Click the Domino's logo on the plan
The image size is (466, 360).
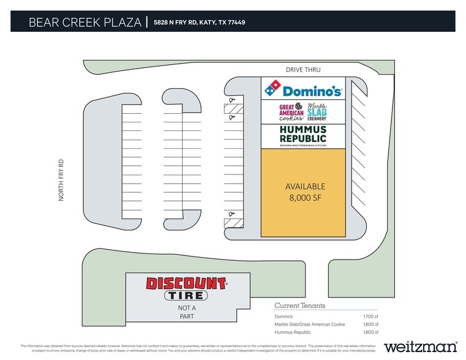tap(303, 90)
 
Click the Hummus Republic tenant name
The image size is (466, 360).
tap(303, 133)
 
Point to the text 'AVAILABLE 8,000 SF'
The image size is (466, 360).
tap(305, 192)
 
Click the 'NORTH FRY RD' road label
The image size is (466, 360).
tap(61, 182)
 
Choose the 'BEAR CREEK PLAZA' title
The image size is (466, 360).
tap(85, 23)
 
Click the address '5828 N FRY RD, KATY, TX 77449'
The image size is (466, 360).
tap(200, 23)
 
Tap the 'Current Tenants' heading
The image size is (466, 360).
tap(299, 306)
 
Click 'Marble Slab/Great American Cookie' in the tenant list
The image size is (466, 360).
tap(310, 324)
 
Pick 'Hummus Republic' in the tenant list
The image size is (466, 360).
tap(293, 332)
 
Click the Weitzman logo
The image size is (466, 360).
tap(420, 346)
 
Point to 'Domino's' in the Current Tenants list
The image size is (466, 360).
tap(284, 316)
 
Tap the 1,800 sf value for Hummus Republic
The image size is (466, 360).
tap(370, 332)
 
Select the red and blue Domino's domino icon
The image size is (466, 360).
tap(272, 89)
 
